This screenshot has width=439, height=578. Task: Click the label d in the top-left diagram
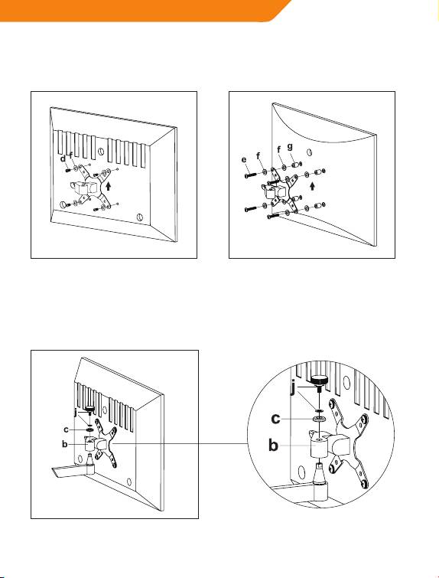[x=63, y=159]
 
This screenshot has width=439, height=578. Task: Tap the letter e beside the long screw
[x=244, y=160]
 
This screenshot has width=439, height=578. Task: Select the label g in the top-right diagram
[x=290, y=147]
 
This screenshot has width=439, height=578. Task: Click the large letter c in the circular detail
[x=275, y=419]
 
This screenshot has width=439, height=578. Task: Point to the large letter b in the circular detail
[x=273, y=445]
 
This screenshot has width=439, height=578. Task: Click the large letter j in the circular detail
[x=293, y=388]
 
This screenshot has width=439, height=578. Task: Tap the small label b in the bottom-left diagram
[x=65, y=444]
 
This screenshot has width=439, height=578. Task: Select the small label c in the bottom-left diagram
[x=66, y=429]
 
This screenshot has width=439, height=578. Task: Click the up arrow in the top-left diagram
[x=109, y=185]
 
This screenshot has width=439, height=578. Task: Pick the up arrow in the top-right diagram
[x=313, y=186]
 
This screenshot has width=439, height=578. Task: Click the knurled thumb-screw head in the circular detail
[x=319, y=380]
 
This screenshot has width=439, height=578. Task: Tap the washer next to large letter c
[x=319, y=419]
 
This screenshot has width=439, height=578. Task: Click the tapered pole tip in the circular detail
[x=320, y=471]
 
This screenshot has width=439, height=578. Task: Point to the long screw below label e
[x=250, y=175]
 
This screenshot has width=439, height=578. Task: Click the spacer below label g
[x=296, y=163]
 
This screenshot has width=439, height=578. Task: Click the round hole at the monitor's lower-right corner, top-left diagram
[x=140, y=217]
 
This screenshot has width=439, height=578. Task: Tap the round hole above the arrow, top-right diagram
[x=309, y=152]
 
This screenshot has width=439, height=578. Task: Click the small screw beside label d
[x=67, y=170]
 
